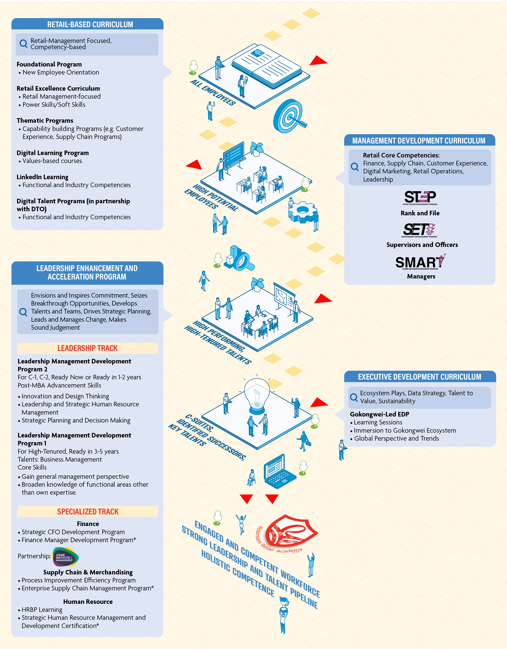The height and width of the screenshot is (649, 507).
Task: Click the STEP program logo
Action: pos(420,198)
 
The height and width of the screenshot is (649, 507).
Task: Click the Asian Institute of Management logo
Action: pos(65,557)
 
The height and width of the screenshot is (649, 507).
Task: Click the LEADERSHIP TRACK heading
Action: pos(88,348)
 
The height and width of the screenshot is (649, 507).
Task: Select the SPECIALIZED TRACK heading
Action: pos(88,512)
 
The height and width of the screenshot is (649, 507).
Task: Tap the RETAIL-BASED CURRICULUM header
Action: pos(90,24)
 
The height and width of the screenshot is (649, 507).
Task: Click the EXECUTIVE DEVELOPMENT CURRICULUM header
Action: pos(419,377)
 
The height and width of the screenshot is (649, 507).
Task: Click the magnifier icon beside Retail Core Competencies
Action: pos(355,167)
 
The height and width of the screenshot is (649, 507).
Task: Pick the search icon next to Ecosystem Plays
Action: pos(354,397)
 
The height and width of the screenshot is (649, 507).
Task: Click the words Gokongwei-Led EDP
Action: pos(379,414)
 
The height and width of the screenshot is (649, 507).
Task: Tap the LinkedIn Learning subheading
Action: pos(42,177)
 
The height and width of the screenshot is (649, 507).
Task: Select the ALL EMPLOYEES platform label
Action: pos(213,92)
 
